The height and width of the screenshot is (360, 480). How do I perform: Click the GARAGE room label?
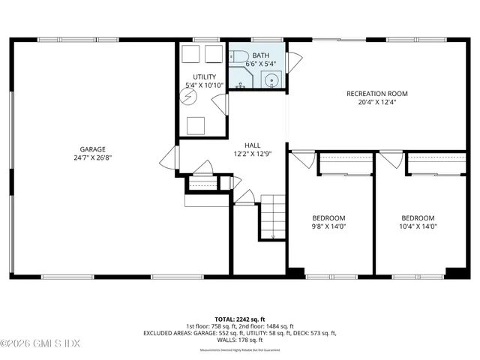[x=94, y=148]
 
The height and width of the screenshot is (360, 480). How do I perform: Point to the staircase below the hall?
[x=273, y=216]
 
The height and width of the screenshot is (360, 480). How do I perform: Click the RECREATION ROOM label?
[x=376, y=94]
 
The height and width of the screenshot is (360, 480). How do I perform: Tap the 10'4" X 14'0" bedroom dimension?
[x=417, y=226]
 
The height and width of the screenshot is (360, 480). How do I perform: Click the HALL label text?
[x=252, y=145]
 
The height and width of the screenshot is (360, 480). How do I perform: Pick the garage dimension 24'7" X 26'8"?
[x=94, y=158]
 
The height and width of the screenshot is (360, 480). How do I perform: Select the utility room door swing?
[x=220, y=104]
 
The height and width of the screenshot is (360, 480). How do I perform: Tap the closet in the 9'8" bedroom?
[x=345, y=163]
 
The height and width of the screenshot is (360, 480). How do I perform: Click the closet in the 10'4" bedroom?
[x=436, y=163]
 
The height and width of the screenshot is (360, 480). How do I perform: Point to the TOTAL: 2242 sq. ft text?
[x=240, y=318]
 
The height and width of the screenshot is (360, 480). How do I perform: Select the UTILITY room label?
[x=204, y=76]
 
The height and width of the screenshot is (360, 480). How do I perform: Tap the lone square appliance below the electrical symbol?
[x=196, y=125]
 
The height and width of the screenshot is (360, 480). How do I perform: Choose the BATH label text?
[x=261, y=55]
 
